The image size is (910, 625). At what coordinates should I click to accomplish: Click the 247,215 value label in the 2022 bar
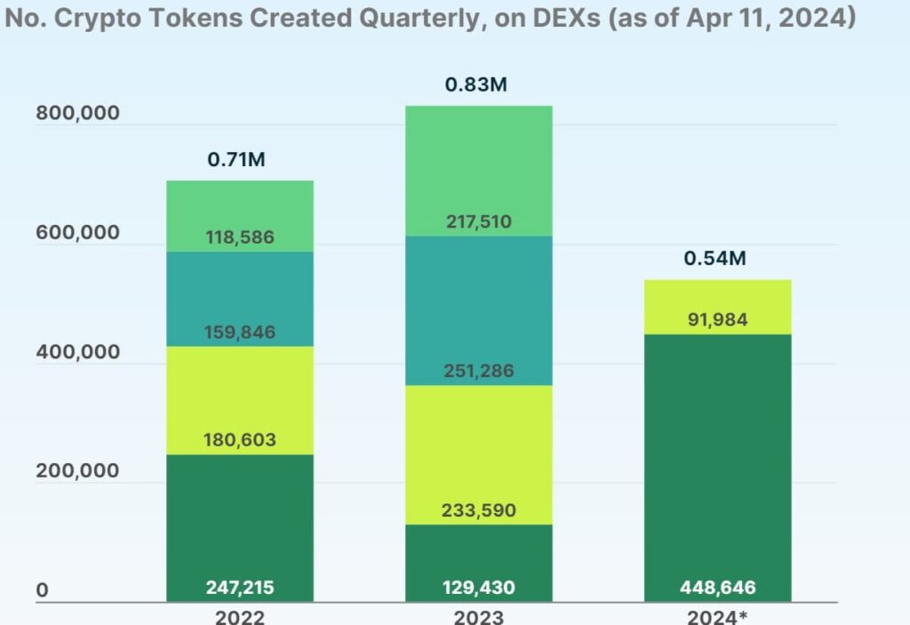coord(240,588)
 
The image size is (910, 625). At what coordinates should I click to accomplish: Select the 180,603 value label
coord(240,439)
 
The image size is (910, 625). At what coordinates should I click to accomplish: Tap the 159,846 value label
coord(240,333)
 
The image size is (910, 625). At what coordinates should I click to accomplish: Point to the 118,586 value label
coord(240,237)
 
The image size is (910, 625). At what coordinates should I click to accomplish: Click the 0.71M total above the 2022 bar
coord(236,160)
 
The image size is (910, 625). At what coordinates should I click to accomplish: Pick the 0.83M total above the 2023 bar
coord(478,85)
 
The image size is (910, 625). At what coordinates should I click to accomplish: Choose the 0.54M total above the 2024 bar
coord(716,259)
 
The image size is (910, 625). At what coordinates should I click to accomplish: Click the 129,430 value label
coord(478,588)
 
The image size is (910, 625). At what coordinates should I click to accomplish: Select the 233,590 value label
coord(478,511)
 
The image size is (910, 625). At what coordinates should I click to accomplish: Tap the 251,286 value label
coord(478,371)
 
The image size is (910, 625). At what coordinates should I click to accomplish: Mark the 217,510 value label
coord(478,221)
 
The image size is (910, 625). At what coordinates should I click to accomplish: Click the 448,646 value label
coord(716,588)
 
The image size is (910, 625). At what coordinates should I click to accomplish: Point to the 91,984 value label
coord(716,320)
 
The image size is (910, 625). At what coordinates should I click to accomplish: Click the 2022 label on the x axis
coord(240,616)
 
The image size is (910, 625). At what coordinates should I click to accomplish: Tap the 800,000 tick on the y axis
coord(77,114)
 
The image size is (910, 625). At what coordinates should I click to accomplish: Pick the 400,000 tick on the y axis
coord(77,351)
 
